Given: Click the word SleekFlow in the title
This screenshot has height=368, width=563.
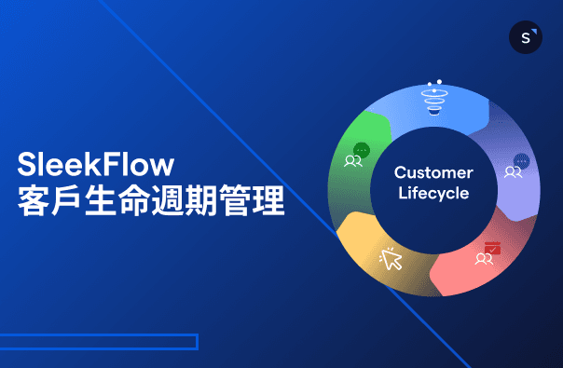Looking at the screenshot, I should coord(96,166).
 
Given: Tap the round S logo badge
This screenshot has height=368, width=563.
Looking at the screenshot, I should coord(526,37).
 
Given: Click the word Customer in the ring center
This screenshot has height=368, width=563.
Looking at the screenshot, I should coord(433,173).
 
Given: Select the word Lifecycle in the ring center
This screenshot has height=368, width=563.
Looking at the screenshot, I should coord(433,194).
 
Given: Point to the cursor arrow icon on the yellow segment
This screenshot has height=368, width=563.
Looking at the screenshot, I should coord(391,259).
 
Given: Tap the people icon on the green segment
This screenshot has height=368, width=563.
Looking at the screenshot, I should coord(353,161).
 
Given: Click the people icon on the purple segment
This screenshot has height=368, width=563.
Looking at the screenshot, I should coord(513,172).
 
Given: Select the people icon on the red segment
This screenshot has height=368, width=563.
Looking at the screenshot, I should coord(483,260).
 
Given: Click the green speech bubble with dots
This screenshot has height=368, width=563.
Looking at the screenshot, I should coord(362,149).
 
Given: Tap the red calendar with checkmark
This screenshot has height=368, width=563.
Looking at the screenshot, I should coord(492,248).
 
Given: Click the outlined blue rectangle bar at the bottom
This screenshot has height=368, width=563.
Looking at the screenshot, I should coord(98,342).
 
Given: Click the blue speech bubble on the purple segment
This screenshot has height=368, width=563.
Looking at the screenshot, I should coord(521,160).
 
